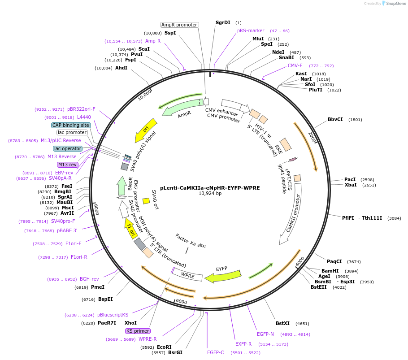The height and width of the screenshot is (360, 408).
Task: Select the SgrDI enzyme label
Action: coord(223,22)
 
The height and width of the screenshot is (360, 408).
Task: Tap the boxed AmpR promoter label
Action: coord(179,25)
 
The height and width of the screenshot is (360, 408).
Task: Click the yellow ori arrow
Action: coord(146,130)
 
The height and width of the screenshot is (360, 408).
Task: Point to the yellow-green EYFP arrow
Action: coord(222,276)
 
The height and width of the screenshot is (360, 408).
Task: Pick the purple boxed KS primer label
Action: coord(138,331)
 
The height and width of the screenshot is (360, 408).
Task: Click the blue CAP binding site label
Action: coord(71,126)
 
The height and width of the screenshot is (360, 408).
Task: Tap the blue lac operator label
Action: coord(68,148)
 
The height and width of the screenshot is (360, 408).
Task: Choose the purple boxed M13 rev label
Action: coord(68,165)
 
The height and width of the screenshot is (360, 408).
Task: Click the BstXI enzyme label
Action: coord(283,323)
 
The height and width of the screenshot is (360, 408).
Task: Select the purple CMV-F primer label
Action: coord(295,65)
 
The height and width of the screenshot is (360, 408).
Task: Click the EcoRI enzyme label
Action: coord(164,347)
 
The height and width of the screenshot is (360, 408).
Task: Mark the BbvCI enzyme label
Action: coord(335,120)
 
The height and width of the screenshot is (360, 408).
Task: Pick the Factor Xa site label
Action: coord(191,241)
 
